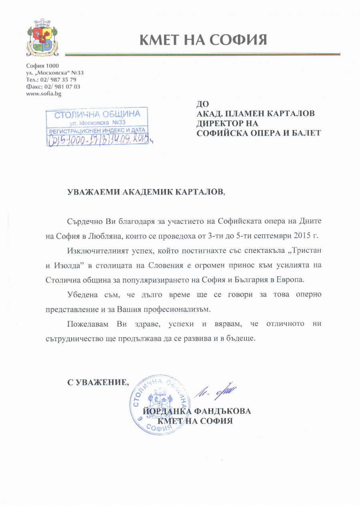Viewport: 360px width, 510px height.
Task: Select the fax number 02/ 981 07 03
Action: click(62, 87)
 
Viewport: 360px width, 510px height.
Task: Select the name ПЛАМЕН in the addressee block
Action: click(250, 114)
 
